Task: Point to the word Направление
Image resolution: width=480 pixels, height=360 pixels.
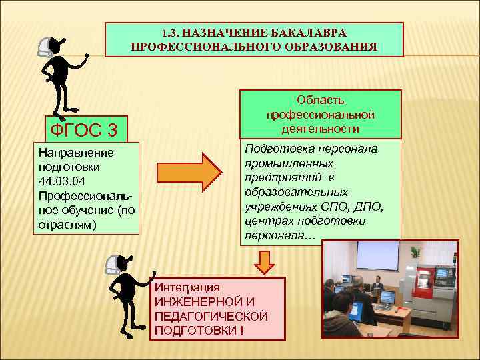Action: (76, 153)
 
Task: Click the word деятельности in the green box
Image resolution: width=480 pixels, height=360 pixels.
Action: (321, 128)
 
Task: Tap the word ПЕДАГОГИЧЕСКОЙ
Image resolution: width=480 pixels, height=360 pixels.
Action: (211, 316)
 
